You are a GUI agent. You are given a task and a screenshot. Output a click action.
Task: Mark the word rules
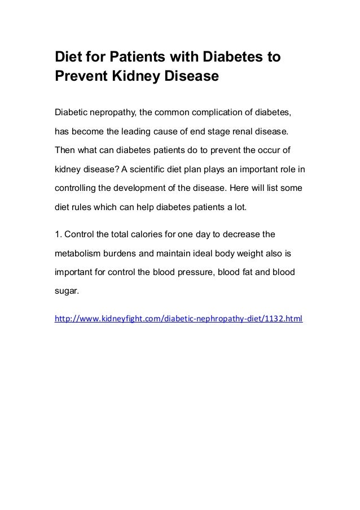82,207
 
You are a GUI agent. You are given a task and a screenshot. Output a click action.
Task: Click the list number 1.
57,233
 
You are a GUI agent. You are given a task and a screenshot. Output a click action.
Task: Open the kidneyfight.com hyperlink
178,319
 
